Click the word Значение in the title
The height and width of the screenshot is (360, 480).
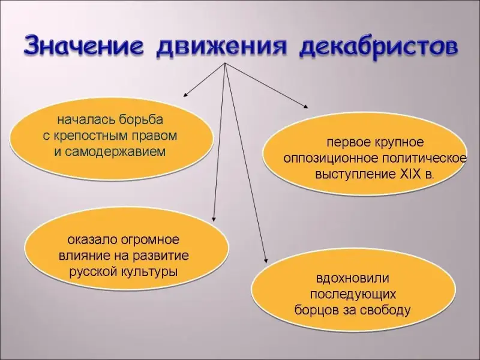tap(83, 46)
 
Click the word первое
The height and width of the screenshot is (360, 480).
tap(349, 142)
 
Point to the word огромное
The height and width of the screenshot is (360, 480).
tap(149, 239)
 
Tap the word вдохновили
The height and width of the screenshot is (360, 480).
tap(353, 278)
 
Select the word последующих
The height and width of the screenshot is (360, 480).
tap(353, 295)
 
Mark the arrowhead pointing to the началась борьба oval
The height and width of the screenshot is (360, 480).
tap(185, 94)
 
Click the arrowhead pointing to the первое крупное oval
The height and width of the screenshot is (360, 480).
tap(305, 106)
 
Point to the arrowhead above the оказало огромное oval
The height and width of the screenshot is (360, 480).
tap(214, 218)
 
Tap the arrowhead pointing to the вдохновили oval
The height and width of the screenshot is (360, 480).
tap(265, 260)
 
